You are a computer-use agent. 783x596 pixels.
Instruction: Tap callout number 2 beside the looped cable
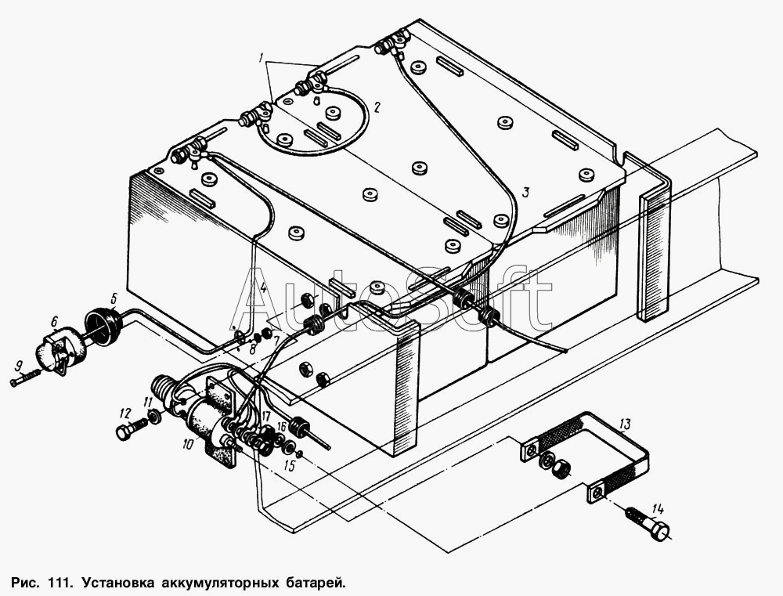tap(377, 107)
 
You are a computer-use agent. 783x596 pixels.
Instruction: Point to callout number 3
tap(525, 193)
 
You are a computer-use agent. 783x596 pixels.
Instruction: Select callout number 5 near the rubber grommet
tap(114, 299)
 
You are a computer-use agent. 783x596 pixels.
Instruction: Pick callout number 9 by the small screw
tap(19, 367)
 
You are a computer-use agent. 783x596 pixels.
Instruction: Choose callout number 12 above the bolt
tap(124, 414)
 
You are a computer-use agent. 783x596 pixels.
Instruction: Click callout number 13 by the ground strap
tap(625, 425)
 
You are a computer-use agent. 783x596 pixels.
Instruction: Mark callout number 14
tap(659, 510)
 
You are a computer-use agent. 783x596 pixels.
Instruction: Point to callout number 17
tap(265, 416)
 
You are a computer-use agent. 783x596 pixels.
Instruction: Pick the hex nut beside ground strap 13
tap(561, 468)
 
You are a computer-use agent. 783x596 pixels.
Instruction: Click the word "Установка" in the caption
tap(119, 583)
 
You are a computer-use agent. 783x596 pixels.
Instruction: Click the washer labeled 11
tap(153, 415)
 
